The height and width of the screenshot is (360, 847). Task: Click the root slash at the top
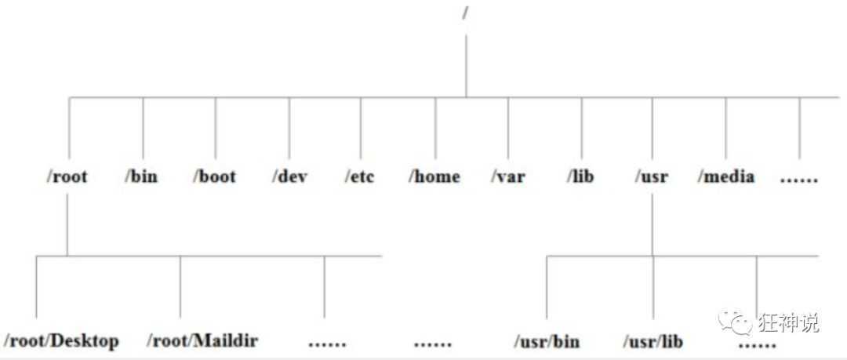[465, 13]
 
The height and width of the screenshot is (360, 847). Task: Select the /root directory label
[67, 176]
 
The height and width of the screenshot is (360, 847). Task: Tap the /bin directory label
[141, 176]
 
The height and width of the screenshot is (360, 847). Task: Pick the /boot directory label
[214, 176]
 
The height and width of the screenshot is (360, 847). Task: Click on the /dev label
[289, 176]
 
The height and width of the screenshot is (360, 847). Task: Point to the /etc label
[359, 176]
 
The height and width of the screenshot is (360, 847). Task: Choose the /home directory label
[434, 176]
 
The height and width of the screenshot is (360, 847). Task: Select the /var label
[507, 176]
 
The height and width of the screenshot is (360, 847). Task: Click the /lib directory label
[580, 176]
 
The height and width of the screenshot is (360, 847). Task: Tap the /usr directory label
[652, 176]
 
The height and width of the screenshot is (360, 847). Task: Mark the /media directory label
[726, 176]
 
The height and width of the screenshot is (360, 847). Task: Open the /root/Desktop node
[61, 341]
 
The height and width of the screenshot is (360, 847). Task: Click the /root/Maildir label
[202, 340]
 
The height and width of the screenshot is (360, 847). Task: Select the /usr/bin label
[547, 342]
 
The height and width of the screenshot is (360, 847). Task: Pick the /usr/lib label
[653, 342]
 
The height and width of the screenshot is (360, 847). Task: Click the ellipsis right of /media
[799, 180]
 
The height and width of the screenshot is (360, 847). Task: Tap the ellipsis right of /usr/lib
[758, 344]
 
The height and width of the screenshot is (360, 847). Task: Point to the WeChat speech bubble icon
[735, 322]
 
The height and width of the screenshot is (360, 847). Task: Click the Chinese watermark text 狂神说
[789, 322]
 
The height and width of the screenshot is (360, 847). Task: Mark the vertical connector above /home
[435, 128]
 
